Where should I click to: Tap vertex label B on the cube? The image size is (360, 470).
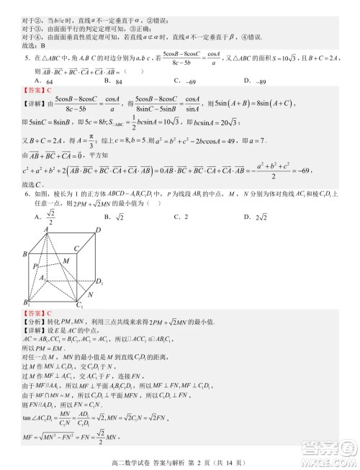tap(24, 254)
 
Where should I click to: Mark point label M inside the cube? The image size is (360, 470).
tap(65, 260)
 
